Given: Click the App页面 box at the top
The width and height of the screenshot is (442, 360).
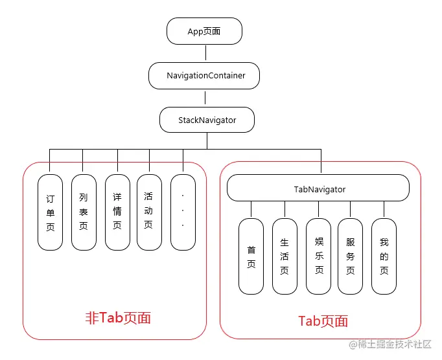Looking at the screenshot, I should (205, 31).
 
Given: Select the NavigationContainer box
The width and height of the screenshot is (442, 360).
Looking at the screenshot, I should (205, 76).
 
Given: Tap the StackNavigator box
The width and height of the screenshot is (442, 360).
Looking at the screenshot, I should (207, 120).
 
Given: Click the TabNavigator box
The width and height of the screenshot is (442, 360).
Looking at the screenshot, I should (318, 189).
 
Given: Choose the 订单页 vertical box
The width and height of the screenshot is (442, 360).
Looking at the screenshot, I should (51, 212).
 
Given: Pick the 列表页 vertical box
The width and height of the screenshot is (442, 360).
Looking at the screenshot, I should (84, 212).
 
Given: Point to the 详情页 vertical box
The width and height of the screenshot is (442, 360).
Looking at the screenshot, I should (117, 212).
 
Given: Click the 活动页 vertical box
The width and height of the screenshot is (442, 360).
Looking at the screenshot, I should (149, 212).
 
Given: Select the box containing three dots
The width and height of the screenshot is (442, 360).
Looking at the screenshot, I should (183, 212).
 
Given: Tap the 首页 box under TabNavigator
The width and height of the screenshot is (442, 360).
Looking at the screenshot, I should (251, 256).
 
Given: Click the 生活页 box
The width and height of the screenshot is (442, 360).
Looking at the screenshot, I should (285, 256).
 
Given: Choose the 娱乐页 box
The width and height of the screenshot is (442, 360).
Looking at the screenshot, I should (318, 256).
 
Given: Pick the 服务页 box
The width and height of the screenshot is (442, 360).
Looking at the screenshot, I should (351, 256).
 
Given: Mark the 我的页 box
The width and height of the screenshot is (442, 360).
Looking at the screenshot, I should (384, 256).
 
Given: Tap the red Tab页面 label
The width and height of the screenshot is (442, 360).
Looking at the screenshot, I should (323, 321).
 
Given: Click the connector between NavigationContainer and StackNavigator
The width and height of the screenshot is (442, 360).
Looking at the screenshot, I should (205, 98).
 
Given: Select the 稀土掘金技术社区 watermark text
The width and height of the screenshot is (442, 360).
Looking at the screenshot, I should (394, 345).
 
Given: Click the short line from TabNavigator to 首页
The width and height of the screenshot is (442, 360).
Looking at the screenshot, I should (251, 209).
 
